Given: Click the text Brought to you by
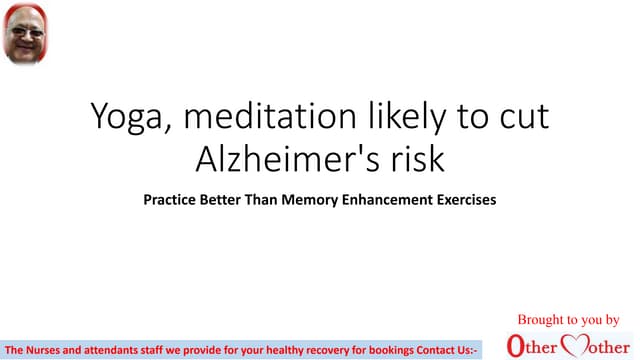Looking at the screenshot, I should (567, 321).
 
